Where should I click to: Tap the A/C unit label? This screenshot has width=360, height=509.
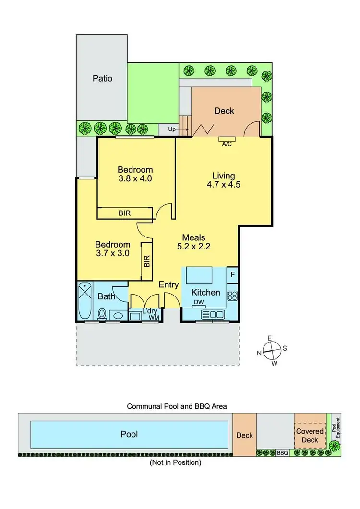tap(227, 144)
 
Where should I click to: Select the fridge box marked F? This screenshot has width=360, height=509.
tap(232, 274)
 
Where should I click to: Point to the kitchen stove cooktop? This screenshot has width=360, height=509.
tap(232, 295)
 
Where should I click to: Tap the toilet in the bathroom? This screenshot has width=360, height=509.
tap(102, 314)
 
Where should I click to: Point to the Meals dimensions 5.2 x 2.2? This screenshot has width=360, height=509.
tap(193, 248)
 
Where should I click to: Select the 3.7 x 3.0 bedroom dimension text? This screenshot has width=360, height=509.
tap(112, 254)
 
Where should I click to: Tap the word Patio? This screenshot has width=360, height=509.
tap(102, 78)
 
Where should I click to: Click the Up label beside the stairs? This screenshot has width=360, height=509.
tap(172, 130)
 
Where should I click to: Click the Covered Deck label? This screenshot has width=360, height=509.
tap(310, 436)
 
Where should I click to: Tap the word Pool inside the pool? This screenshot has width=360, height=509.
tap(129, 434)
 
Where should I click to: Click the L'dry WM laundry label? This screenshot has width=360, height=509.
tap(151, 314)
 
